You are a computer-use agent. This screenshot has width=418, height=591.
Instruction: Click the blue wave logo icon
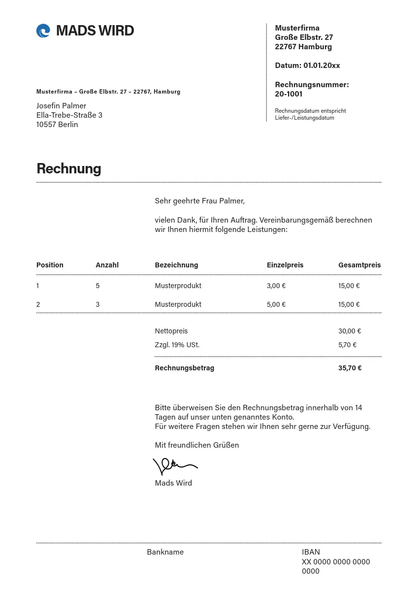43,31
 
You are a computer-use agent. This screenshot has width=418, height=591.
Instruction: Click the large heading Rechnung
68,168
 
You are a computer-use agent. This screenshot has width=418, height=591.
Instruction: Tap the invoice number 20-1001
289,94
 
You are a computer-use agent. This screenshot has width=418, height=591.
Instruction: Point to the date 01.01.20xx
322,66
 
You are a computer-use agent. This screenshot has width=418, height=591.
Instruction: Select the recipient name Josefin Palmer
61,106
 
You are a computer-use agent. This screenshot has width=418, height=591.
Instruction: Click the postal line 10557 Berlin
57,125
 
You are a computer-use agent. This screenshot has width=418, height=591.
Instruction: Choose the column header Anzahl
107,265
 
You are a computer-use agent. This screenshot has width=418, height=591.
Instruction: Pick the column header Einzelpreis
285,265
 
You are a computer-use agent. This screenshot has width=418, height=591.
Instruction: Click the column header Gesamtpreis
359,265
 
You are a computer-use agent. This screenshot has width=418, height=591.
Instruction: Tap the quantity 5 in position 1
97,286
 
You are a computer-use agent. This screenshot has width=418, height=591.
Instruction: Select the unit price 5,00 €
276,304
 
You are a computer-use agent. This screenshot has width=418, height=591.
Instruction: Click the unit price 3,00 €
276,286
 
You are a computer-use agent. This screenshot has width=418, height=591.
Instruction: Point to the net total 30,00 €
350,331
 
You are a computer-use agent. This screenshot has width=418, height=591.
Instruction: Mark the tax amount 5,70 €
347,345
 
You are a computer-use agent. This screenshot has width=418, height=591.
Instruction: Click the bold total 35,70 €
350,368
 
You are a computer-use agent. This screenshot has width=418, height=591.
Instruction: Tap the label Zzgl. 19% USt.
177,345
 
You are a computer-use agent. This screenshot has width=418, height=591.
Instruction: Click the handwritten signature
174,466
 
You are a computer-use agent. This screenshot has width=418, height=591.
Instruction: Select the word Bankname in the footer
165,552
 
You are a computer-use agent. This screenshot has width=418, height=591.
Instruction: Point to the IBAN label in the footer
311,552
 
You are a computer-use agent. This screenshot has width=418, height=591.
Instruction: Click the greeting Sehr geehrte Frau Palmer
199,201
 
